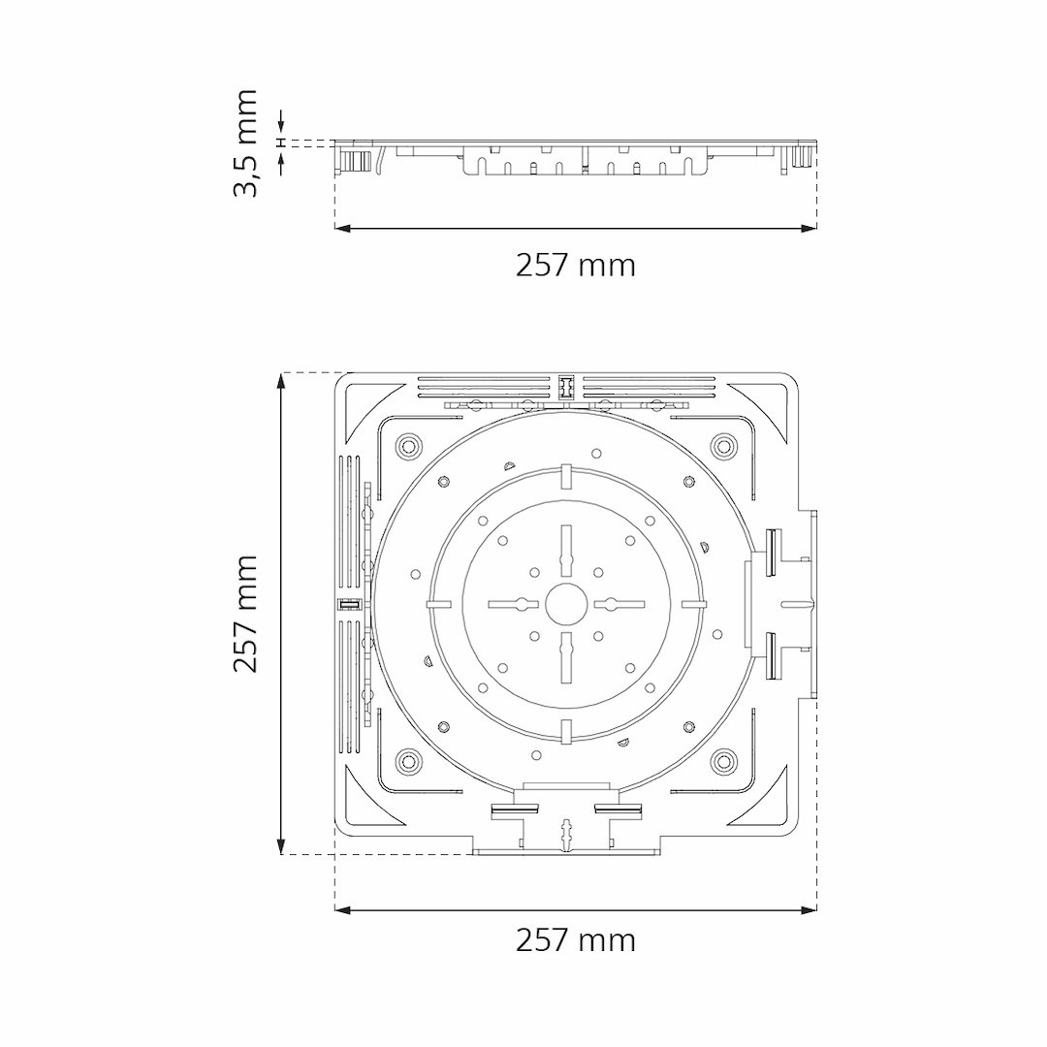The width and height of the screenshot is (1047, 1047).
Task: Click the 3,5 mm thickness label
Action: tap(244, 143)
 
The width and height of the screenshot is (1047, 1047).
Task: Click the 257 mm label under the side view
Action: tap(576, 266)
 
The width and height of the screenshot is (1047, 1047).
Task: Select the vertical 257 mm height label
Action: tap(244, 613)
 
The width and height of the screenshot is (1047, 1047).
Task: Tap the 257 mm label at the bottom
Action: tap(576, 940)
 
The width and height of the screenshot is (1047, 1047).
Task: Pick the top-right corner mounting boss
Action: tap(722, 445)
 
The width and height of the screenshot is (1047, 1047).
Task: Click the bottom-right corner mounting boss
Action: tap(722, 760)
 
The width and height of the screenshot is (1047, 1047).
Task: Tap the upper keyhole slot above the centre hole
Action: tap(566, 550)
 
